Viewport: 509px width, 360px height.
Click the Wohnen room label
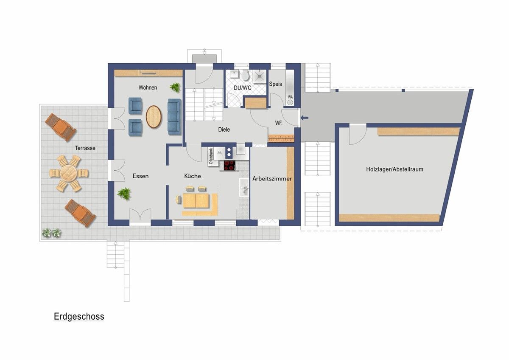tap(148, 87)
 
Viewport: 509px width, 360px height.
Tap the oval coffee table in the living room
tap(154, 117)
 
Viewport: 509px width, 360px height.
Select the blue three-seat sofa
tap(174, 117)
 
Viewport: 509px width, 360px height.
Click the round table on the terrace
tap(69, 173)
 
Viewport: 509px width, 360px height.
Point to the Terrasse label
tap(85, 148)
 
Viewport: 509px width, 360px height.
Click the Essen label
tap(140, 176)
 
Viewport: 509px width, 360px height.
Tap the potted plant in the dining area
tap(124, 194)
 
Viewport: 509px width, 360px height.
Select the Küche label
tap(193, 176)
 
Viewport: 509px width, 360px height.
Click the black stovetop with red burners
tap(230, 165)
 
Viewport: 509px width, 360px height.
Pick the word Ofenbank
tap(211, 156)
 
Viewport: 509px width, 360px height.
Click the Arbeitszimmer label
tap(272, 179)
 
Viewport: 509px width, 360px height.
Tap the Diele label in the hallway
tap(224, 129)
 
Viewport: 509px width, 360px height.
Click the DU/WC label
tap(243, 88)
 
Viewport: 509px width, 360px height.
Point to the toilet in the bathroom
tap(245, 75)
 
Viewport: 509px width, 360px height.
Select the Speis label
tap(275, 84)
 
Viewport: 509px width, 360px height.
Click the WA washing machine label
tap(290, 97)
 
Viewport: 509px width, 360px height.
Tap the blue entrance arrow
tap(305, 118)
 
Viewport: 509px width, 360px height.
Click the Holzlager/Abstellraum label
tap(394, 169)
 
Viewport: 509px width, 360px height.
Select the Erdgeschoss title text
tap(79, 316)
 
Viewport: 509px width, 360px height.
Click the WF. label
tap(279, 123)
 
